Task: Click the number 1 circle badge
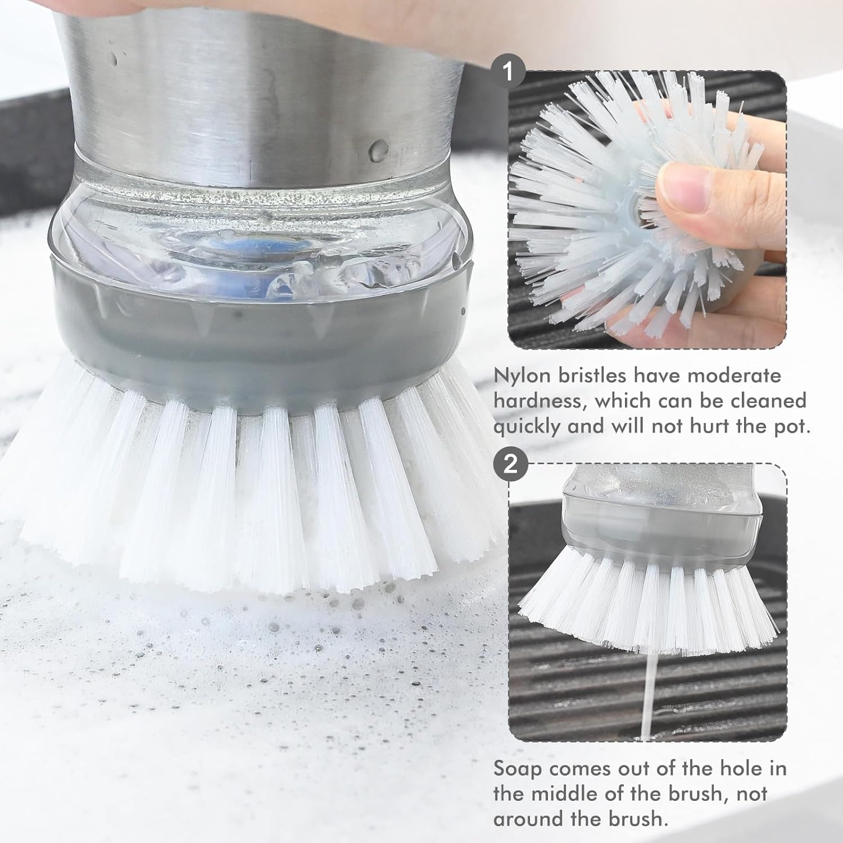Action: pyautogui.click(x=509, y=71)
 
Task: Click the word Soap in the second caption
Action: pyautogui.click(x=517, y=768)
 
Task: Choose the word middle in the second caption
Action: pyautogui.click(x=568, y=794)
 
